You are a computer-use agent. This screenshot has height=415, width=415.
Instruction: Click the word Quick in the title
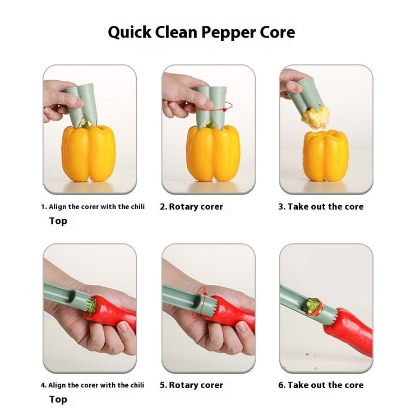(130, 33)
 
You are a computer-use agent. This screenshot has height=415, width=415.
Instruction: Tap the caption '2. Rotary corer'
(191, 207)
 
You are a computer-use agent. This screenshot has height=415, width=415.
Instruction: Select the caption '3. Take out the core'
(321, 207)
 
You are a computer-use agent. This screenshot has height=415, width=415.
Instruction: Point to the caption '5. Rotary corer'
(191, 385)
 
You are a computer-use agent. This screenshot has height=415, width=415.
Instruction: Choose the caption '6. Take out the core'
(321, 385)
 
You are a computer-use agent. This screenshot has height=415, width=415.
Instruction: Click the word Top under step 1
(58, 221)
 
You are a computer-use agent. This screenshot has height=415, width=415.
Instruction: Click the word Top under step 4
(58, 399)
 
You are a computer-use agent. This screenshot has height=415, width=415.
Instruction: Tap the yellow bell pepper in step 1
(89, 153)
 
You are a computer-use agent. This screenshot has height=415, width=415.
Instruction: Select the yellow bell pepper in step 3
(325, 155)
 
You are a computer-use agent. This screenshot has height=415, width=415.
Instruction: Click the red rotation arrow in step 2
(228, 105)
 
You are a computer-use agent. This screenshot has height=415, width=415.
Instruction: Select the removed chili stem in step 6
(312, 306)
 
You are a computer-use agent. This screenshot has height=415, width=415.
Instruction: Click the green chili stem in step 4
(90, 306)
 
